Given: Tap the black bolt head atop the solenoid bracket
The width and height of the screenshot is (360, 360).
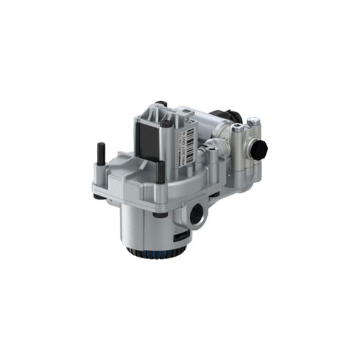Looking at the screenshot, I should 168,125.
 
